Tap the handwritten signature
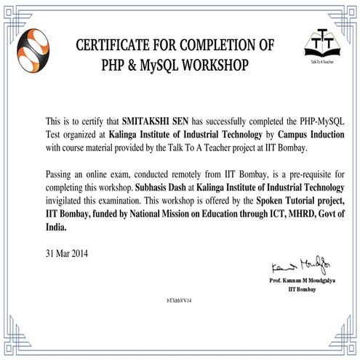point(298,263)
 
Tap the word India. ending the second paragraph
point(56,227)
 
